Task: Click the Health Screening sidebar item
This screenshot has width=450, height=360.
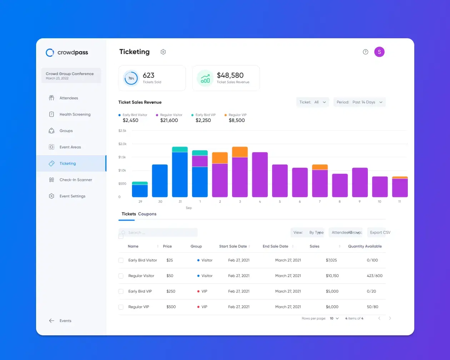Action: [75, 114]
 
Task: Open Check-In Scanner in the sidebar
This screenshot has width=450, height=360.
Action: [75, 180]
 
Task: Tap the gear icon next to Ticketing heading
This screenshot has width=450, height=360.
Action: [163, 52]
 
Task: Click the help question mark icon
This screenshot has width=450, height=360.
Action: [365, 52]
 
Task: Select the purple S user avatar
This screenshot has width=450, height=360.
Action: [379, 52]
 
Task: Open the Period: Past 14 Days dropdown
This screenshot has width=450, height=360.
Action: [359, 102]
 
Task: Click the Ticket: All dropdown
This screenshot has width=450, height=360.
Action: [312, 102]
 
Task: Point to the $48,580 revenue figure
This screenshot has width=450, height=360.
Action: [230, 75]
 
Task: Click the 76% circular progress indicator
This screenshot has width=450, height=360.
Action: [131, 78]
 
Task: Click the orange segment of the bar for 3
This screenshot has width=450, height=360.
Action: [240, 152]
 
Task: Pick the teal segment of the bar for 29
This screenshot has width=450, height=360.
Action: [140, 183]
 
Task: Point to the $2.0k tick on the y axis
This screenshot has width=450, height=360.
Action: [122, 144]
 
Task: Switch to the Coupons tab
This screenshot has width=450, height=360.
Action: [147, 214]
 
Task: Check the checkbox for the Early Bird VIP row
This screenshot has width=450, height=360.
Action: [121, 291]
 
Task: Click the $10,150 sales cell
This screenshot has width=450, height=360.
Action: [332, 276]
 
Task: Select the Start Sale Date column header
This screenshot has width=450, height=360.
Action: [233, 246]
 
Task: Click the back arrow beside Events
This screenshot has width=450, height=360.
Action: [52, 321]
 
